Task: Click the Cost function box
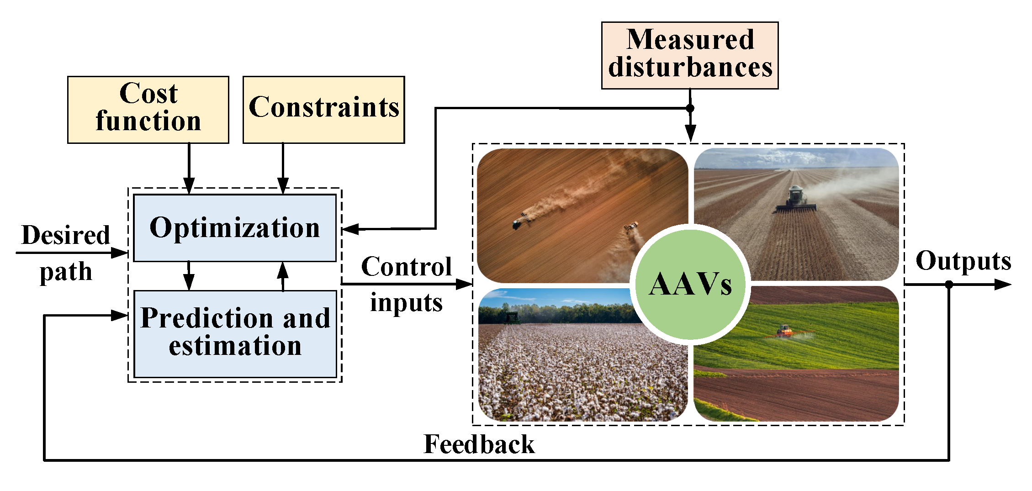[x=148, y=110]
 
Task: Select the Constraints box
[x=323, y=110]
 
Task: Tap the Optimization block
[x=235, y=228]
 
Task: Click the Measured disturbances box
[x=689, y=55]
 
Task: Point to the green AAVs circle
[x=690, y=284]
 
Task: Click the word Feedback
[x=479, y=444]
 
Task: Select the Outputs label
[x=963, y=261]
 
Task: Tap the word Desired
[x=66, y=235]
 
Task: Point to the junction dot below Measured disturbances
[x=690, y=108]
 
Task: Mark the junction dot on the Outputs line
[x=949, y=284]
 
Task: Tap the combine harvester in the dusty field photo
[x=796, y=199]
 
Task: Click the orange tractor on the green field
[x=784, y=330]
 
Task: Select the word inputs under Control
[x=406, y=303]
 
